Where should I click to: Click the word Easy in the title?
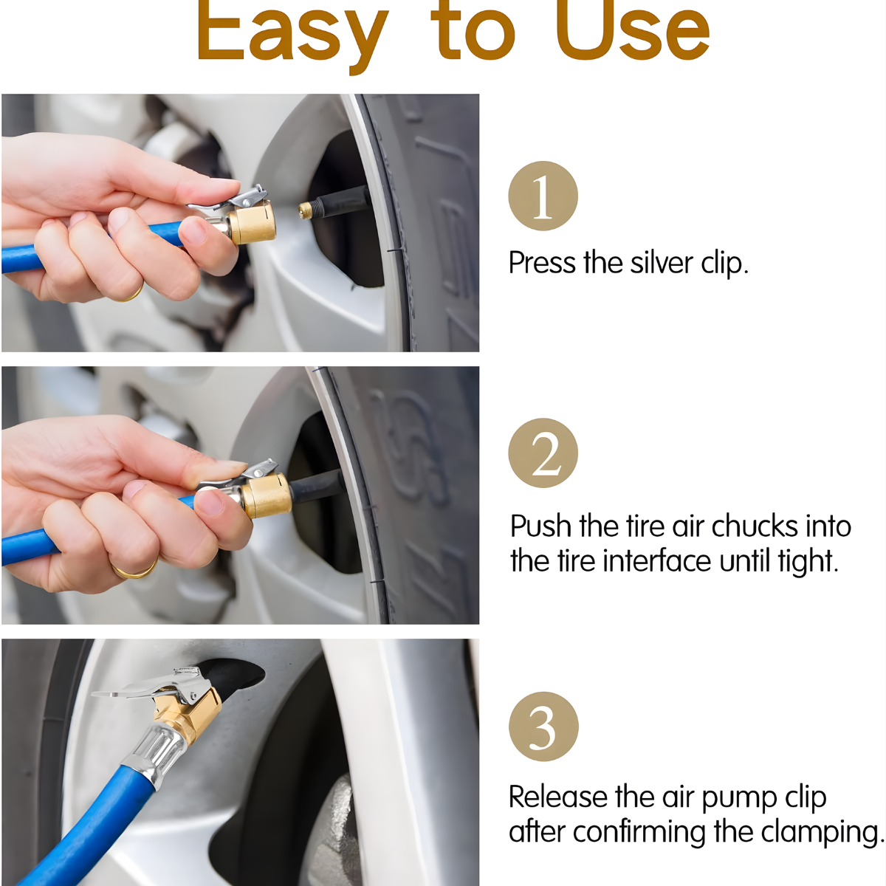point(292,33)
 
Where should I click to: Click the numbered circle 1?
point(543,196)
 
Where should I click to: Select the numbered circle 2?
point(543,453)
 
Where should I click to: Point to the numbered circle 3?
point(543,727)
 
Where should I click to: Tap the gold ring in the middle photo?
point(134,570)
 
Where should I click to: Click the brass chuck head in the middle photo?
point(267,495)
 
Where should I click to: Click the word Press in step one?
point(543,264)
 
